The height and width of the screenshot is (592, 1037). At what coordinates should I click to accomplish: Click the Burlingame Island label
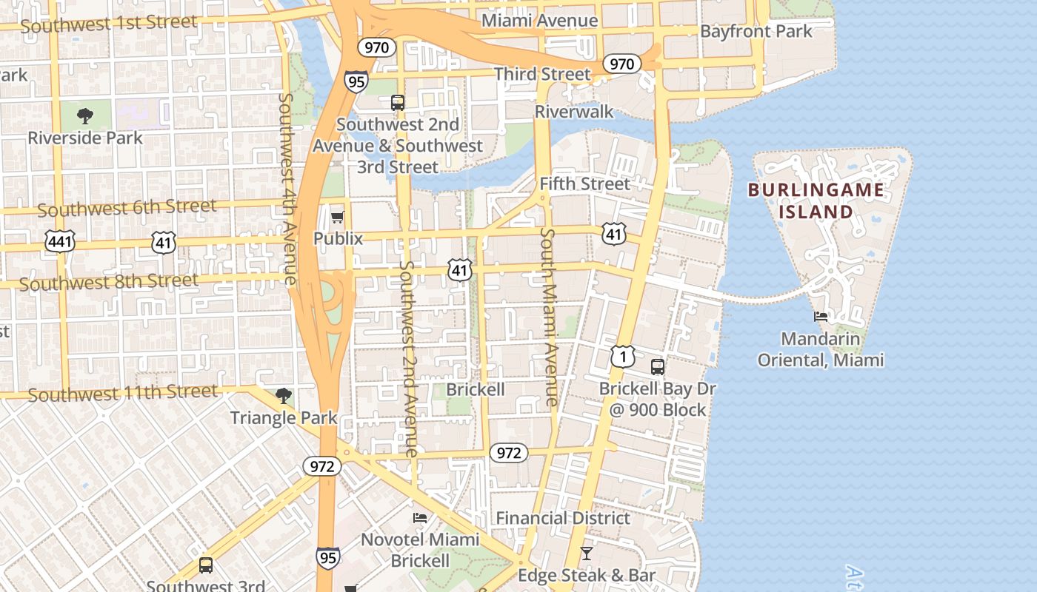(816, 201)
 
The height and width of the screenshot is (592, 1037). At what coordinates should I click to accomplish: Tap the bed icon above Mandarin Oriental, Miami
(820, 317)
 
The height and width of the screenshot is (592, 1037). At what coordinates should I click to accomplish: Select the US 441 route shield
(59, 240)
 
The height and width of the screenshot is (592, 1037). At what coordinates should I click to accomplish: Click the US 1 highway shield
(623, 357)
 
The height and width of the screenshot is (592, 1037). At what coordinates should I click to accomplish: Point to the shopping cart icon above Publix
(338, 217)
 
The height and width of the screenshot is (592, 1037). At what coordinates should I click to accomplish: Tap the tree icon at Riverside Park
(85, 116)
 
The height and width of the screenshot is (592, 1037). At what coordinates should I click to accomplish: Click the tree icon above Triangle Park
(283, 396)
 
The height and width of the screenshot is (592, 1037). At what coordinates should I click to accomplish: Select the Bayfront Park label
(756, 31)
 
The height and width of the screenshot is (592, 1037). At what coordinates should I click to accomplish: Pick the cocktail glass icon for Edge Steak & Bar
(586, 554)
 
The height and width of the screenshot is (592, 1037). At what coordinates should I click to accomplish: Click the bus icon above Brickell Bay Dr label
(657, 366)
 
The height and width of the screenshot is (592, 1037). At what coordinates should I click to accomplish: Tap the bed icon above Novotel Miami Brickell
(420, 518)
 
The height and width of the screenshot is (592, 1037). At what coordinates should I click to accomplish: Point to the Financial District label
(563, 518)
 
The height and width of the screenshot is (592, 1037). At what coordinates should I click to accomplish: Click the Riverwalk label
(574, 112)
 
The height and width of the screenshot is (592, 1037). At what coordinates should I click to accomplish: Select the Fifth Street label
(584, 184)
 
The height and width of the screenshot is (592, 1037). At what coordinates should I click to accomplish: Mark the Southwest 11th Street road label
(123, 393)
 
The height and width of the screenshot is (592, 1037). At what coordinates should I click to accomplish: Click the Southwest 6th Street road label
(127, 208)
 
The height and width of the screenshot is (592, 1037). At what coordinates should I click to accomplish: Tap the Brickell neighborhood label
(476, 389)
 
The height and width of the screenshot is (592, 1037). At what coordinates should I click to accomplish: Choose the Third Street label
(542, 74)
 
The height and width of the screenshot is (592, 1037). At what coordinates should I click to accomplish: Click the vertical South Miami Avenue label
(548, 317)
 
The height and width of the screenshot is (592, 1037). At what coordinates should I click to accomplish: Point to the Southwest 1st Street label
(109, 24)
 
